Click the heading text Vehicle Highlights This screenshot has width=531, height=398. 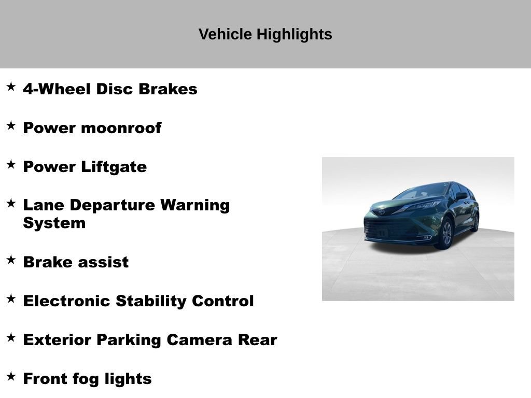265,34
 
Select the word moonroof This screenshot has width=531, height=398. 121,128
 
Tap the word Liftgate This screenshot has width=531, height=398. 114,167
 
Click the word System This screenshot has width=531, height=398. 54,223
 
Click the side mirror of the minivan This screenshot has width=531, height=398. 460,196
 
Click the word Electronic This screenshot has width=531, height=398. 67,301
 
